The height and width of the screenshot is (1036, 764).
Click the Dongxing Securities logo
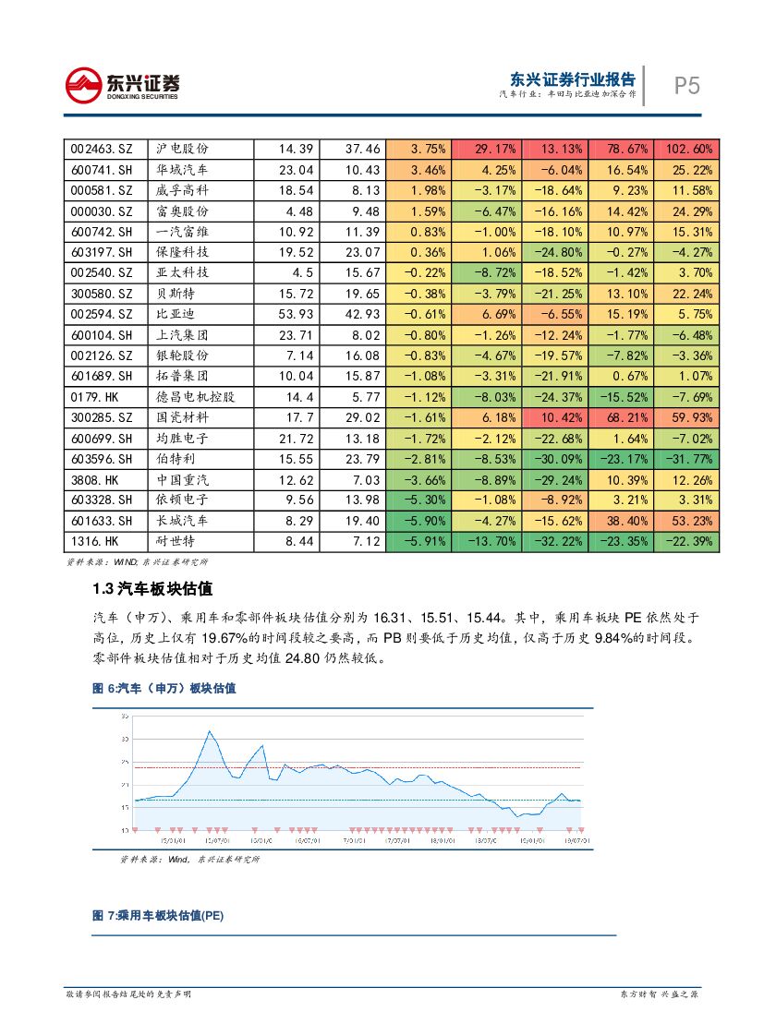point(122,85)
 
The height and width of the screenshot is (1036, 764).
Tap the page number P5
point(685,86)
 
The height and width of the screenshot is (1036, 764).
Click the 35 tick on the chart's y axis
point(125,717)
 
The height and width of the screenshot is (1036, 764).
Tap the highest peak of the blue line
point(210,731)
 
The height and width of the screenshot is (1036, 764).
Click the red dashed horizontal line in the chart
point(370,767)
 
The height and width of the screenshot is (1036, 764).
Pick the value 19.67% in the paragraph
point(276,638)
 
